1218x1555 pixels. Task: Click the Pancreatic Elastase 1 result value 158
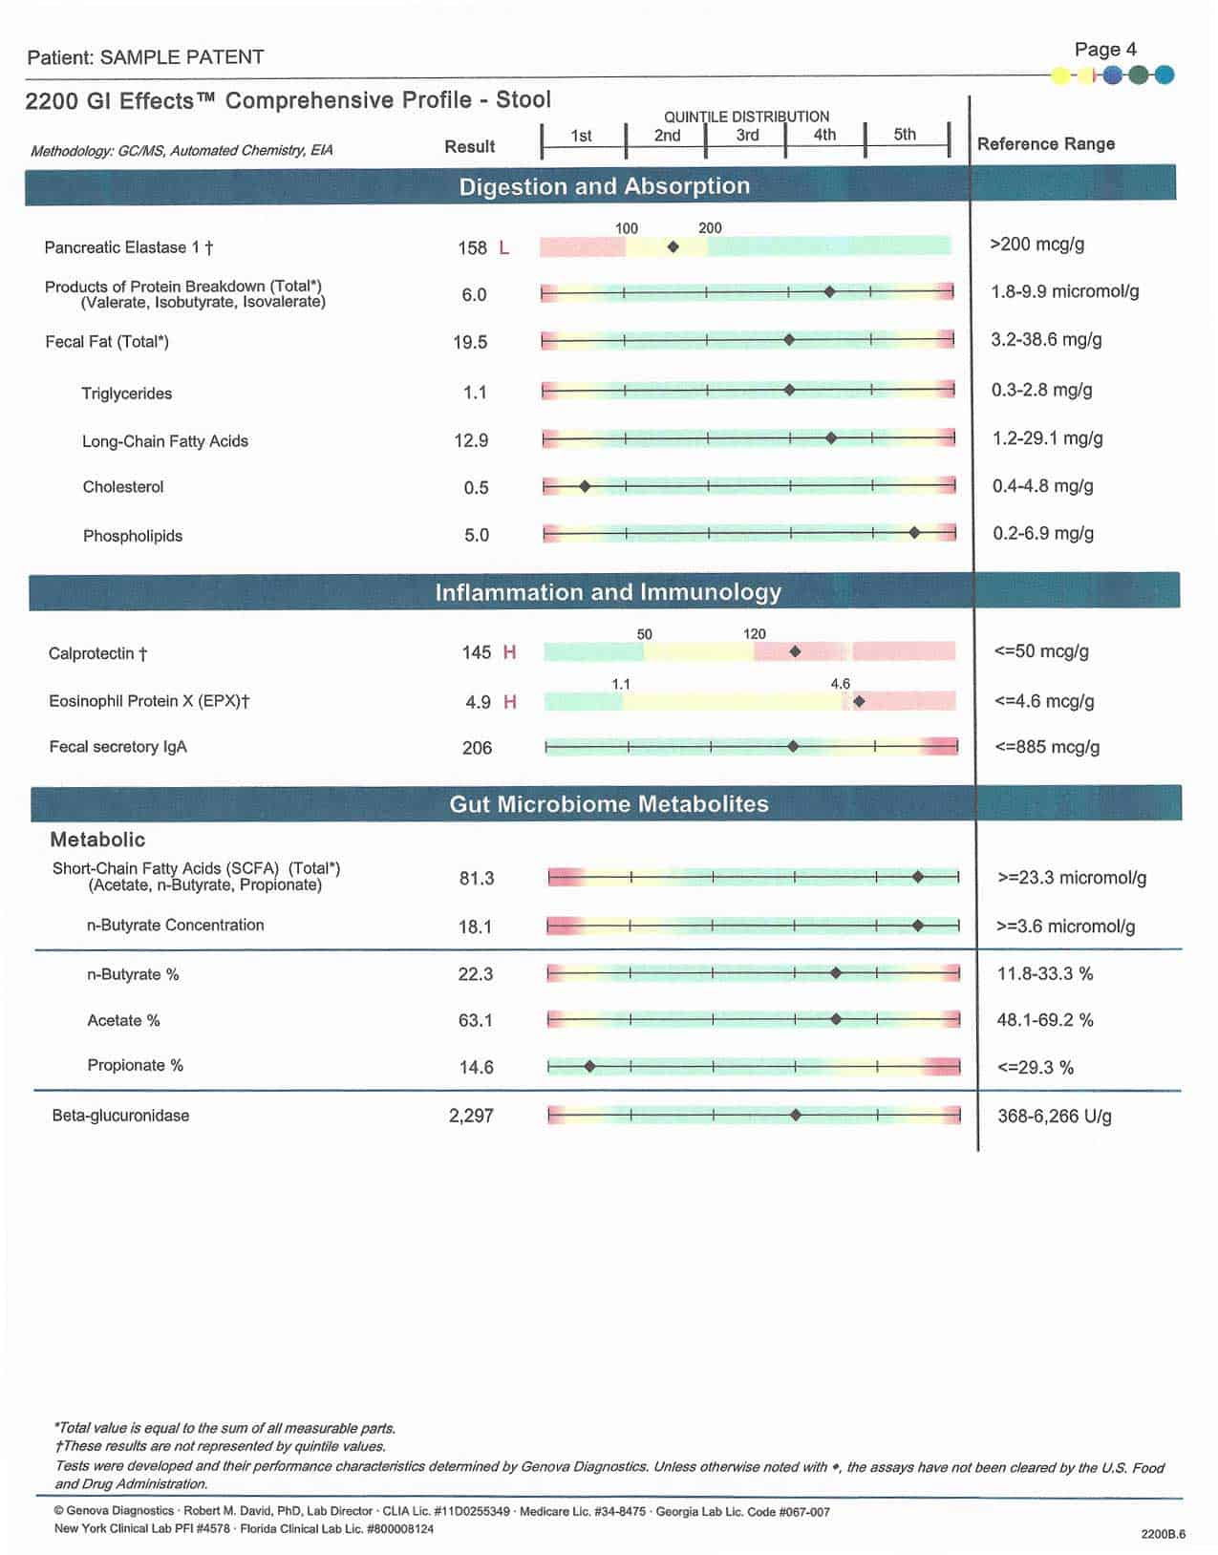(x=472, y=248)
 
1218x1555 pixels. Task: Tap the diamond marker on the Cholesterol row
(x=585, y=486)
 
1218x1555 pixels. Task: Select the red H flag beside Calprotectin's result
(x=509, y=652)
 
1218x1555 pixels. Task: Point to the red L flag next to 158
(x=504, y=248)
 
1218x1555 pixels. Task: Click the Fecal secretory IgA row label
(x=118, y=747)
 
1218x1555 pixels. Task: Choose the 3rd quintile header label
(x=747, y=136)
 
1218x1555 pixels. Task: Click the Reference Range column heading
(x=1045, y=144)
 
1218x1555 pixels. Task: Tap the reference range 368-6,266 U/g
(x=1054, y=1117)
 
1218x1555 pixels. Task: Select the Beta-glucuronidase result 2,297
(x=471, y=1116)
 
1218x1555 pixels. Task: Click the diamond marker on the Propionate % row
(x=589, y=1067)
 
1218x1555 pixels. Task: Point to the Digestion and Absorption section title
(x=605, y=186)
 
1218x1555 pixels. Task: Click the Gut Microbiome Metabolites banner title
(x=609, y=804)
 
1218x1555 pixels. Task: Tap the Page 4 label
(x=1105, y=50)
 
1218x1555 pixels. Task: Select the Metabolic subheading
(x=97, y=840)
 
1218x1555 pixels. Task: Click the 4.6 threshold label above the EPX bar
(x=840, y=684)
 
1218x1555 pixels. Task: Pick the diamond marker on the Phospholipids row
(x=914, y=532)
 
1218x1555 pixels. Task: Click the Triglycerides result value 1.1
(x=475, y=393)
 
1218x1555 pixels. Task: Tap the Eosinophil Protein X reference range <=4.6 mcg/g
(x=1044, y=701)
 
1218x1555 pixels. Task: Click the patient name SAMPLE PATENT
(x=182, y=57)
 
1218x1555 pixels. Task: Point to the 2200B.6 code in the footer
(x=1163, y=1534)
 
